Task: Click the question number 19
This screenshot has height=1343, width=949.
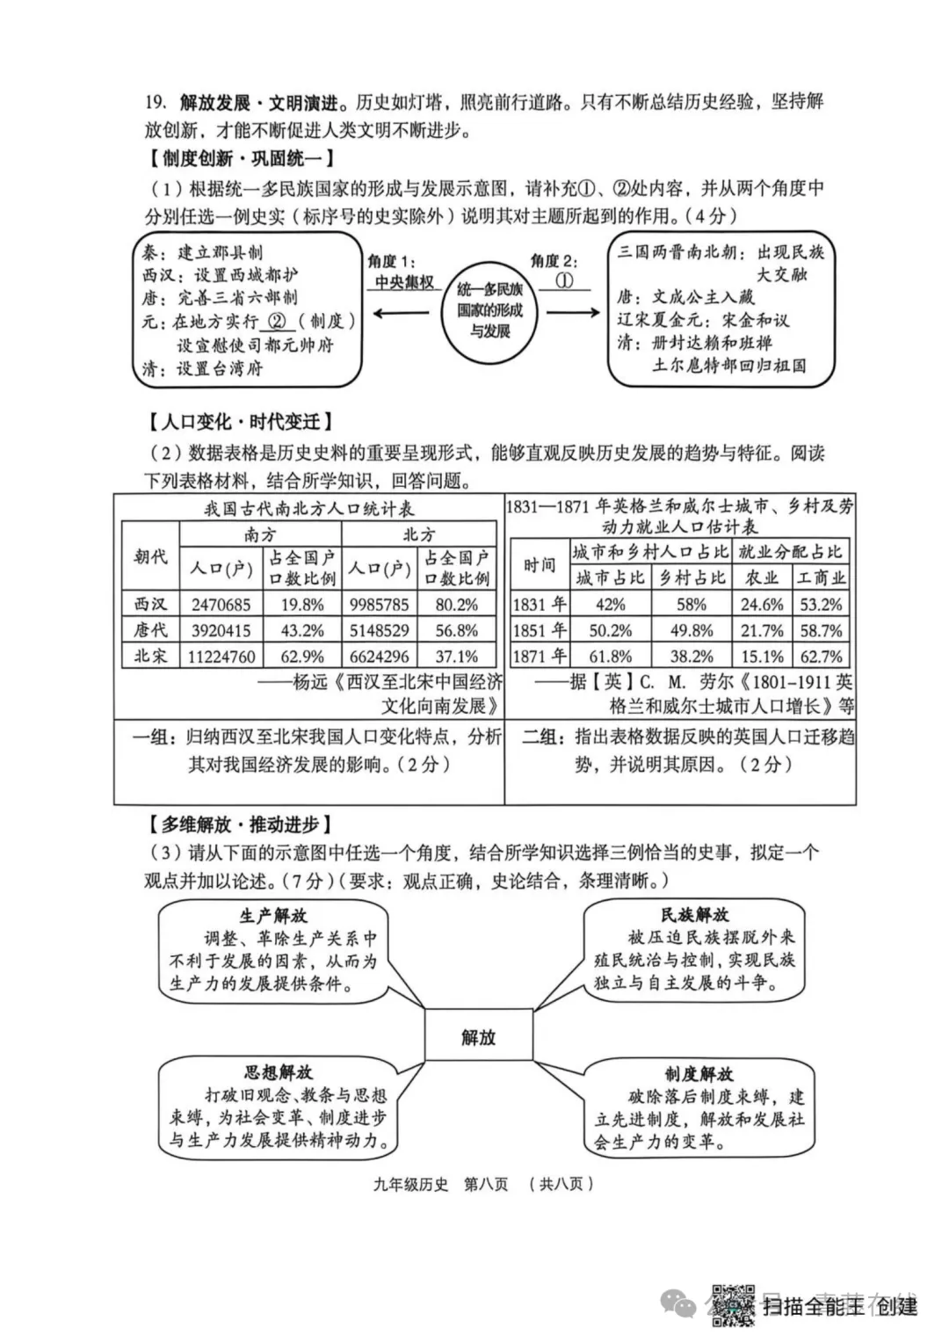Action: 156,103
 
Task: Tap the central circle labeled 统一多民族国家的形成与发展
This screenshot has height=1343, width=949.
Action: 489,310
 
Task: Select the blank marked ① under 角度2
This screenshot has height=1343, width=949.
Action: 565,280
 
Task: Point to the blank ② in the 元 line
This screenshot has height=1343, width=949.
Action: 278,322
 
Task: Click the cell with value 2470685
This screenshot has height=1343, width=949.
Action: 221,605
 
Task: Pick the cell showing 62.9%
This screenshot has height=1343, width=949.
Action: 302,657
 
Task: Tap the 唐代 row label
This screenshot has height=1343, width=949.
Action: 150,630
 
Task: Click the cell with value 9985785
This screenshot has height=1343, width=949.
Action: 378,605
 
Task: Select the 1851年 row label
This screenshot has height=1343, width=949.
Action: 540,630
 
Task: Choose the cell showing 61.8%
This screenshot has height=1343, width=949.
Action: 610,657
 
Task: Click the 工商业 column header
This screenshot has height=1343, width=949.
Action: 821,577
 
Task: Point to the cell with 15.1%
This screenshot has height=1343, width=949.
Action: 762,657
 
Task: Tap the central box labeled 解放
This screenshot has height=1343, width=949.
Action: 478,1037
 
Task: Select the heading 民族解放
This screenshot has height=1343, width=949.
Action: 694,915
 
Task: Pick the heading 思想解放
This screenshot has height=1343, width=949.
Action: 278,1072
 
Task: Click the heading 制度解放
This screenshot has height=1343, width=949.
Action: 699,1074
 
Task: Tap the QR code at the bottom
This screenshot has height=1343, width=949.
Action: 732,1304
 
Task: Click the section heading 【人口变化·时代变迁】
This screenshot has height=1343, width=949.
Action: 238,422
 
